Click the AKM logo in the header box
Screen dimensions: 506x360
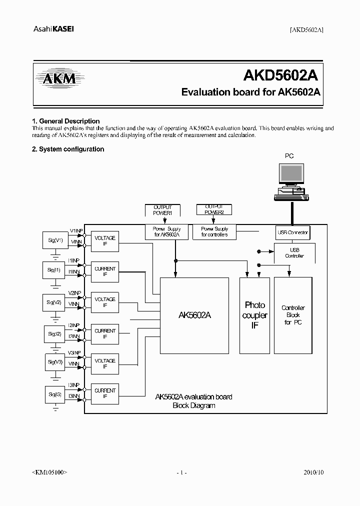click(x=55, y=78)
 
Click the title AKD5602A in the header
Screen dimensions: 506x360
click(x=280, y=75)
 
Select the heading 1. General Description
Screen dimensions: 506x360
click(x=65, y=121)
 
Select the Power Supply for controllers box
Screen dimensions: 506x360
click(x=214, y=231)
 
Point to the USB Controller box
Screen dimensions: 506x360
click(x=294, y=253)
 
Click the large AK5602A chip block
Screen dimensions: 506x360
click(x=194, y=315)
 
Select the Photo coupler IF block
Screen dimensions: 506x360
click(x=254, y=315)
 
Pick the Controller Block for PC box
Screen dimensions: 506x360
click(x=292, y=315)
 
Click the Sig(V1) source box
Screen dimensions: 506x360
click(x=55, y=241)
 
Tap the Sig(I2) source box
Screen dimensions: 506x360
click(x=55, y=334)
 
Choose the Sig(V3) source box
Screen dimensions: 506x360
click(x=55, y=362)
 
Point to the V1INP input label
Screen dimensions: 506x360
click(x=76, y=230)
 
